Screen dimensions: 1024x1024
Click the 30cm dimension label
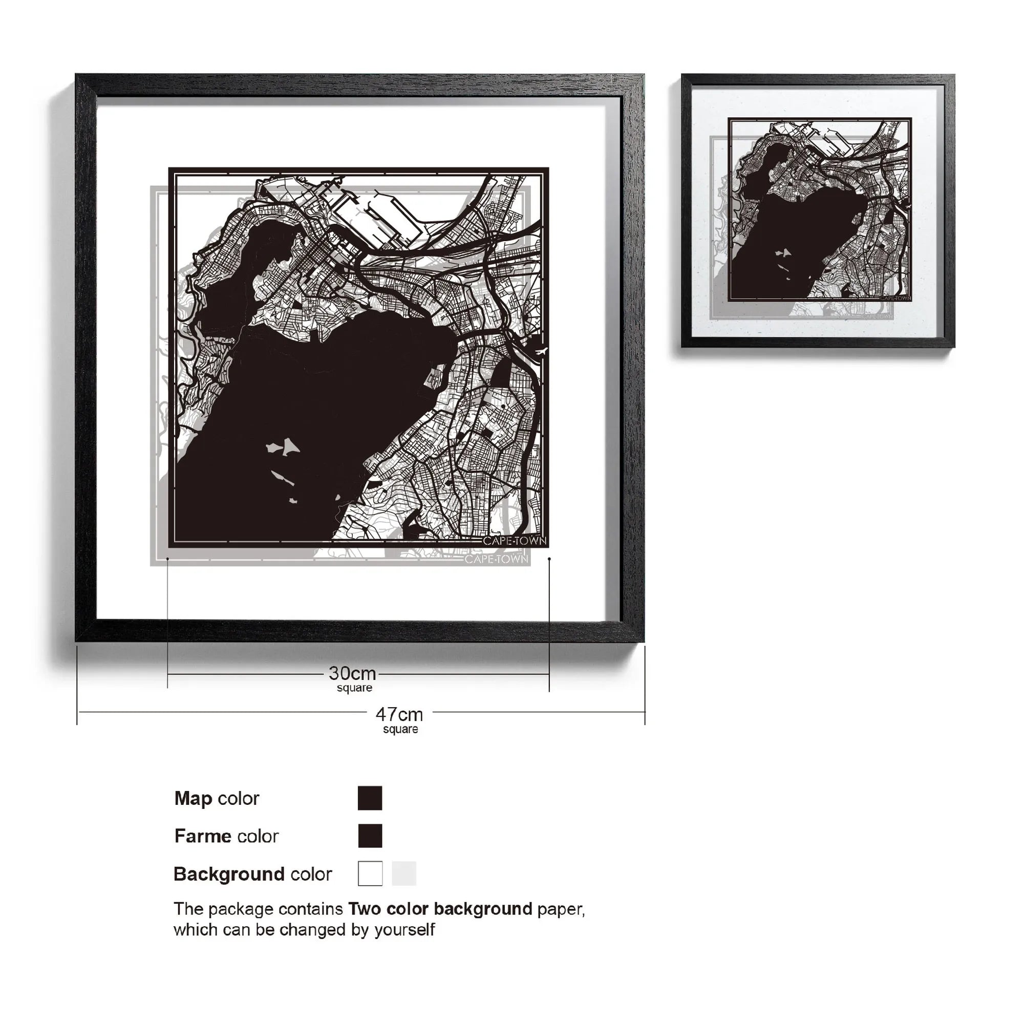[352, 674]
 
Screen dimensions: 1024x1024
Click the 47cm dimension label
[399, 714]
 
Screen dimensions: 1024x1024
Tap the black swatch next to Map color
[370, 798]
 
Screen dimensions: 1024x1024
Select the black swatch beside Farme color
[370, 836]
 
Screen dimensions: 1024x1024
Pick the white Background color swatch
[370, 873]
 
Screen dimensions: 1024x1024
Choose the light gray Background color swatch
[403, 873]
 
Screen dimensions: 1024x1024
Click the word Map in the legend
[193, 798]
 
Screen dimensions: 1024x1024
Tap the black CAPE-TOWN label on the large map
[514, 541]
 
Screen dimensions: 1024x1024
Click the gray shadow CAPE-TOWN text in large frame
[496, 559]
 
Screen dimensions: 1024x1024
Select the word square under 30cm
[354, 688]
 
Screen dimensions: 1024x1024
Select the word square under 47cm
[400, 729]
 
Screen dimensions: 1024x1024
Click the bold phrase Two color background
[440, 909]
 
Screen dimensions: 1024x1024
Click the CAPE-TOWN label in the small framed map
[895, 298]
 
